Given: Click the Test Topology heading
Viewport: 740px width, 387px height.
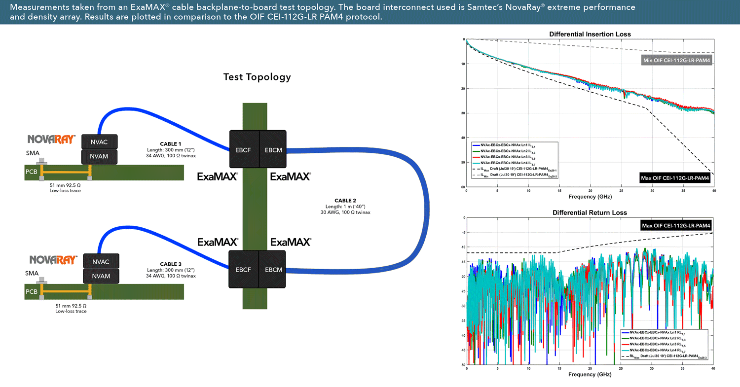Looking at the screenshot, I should (x=257, y=77).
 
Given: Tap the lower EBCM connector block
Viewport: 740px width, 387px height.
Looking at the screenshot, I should (x=273, y=269).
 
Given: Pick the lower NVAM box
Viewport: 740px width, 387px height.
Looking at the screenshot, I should (x=101, y=276).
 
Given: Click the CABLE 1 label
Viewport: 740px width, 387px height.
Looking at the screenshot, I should (x=171, y=143).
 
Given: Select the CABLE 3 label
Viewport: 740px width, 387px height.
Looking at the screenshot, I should (x=171, y=264).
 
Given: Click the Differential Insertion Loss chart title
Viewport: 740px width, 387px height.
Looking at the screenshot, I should (x=590, y=34).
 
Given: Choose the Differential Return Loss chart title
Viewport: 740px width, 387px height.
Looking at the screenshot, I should (x=590, y=212).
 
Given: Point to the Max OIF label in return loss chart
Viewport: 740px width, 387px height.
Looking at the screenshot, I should (x=675, y=226).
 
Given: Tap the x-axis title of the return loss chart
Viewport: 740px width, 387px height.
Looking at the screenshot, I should (x=590, y=375).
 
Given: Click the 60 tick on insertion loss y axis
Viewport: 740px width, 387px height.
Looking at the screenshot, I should (x=463, y=187).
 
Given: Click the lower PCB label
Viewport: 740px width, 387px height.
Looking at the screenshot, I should (x=32, y=292).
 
